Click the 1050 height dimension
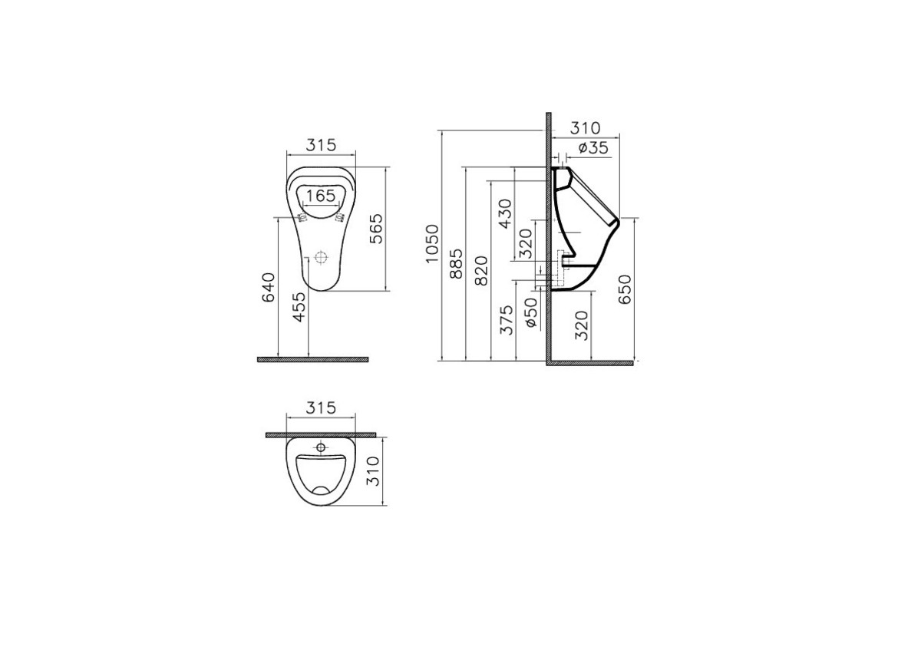(x=432, y=244)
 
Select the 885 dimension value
(x=455, y=263)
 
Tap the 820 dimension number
(x=481, y=271)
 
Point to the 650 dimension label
(x=626, y=290)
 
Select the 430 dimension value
(x=504, y=214)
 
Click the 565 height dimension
(x=376, y=229)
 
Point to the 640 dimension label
(x=269, y=287)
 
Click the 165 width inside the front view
(x=320, y=196)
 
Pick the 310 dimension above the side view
(x=586, y=127)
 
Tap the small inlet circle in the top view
(x=322, y=446)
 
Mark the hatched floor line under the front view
(x=313, y=359)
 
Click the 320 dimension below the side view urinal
(x=582, y=325)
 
